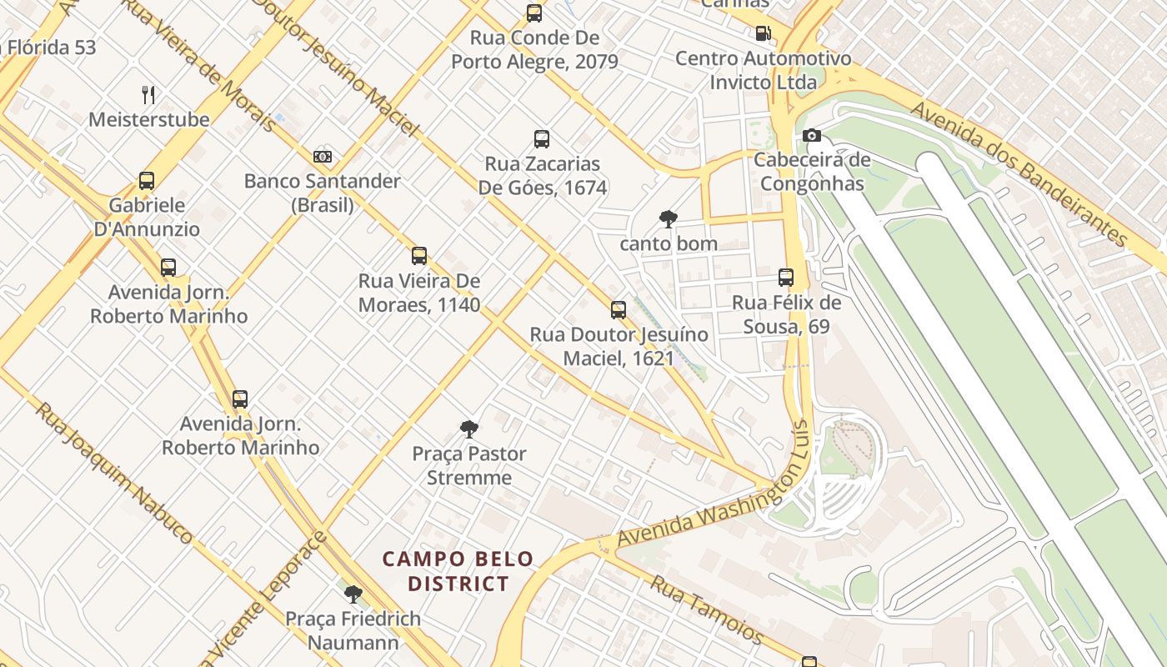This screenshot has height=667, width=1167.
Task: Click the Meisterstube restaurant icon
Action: click(148, 94)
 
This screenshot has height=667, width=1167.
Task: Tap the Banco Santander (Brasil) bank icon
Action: click(323, 156)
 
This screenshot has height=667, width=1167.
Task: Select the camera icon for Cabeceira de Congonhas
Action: click(811, 135)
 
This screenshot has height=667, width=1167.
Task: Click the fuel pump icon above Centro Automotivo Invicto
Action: click(763, 33)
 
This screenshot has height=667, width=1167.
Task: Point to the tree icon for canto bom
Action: click(668, 219)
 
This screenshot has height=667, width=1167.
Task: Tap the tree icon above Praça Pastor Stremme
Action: click(469, 429)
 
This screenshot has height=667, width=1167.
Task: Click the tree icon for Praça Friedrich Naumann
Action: click(353, 594)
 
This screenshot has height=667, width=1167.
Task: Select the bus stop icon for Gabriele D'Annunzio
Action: click(147, 180)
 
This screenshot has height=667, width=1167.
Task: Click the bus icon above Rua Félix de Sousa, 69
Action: click(786, 278)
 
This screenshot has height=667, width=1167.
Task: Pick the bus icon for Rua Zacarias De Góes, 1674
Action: click(542, 139)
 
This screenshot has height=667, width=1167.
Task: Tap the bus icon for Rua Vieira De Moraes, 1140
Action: click(419, 256)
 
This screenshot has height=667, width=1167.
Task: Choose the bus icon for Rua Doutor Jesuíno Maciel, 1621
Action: click(619, 310)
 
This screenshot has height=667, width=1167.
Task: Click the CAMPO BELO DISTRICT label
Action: click(458, 571)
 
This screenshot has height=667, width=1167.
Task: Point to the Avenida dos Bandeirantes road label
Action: click(1019, 173)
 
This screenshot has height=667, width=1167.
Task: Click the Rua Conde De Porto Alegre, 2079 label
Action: click(534, 50)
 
